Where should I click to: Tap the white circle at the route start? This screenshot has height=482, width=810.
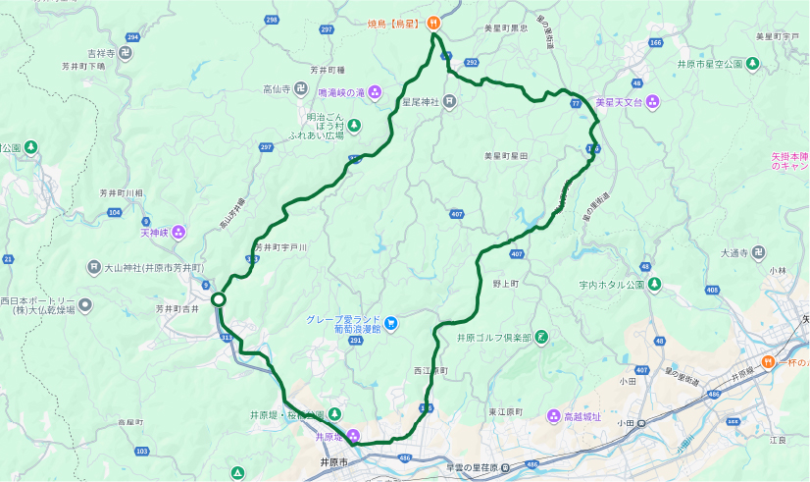[219, 299]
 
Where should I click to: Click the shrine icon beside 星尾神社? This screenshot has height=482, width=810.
[448, 99]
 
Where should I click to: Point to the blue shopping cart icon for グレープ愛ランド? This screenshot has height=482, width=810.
[391, 322]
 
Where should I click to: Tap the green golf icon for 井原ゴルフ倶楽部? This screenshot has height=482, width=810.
[540, 338]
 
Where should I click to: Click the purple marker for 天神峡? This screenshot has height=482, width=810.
[179, 233]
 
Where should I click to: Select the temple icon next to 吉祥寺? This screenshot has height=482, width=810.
[126, 52]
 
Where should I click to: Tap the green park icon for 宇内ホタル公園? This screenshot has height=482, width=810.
[654, 285]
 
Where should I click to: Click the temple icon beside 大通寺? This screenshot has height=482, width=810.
[759, 252]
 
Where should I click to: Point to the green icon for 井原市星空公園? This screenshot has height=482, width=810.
[752, 64]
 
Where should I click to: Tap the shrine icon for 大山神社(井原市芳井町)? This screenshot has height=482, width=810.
[93, 267]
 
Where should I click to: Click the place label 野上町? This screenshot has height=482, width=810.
[505, 282]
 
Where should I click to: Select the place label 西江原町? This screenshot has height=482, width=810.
[430, 371]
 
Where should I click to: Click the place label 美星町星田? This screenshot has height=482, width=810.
[506, 155]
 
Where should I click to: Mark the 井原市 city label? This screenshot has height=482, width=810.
[322, 461]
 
